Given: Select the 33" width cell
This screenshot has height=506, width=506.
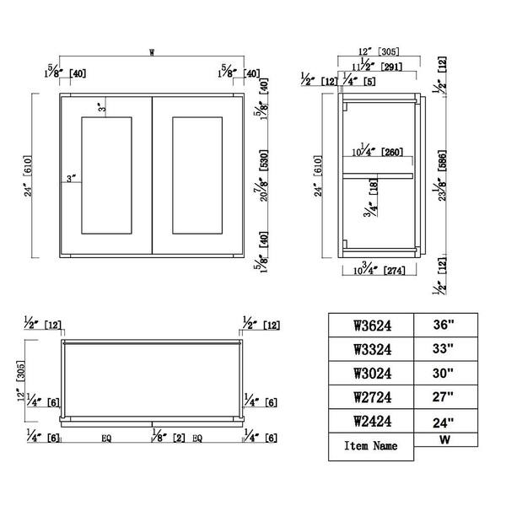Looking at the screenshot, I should point(444,347).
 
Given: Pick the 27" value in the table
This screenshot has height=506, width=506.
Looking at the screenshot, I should point(444,396).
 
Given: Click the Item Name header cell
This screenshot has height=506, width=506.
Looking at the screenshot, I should point(370,444).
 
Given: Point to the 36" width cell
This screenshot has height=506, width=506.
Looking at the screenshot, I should point(444,324).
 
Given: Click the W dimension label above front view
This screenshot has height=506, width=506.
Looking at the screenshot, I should point(152,53).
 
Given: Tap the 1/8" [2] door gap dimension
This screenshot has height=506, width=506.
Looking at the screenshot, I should point(164,438).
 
